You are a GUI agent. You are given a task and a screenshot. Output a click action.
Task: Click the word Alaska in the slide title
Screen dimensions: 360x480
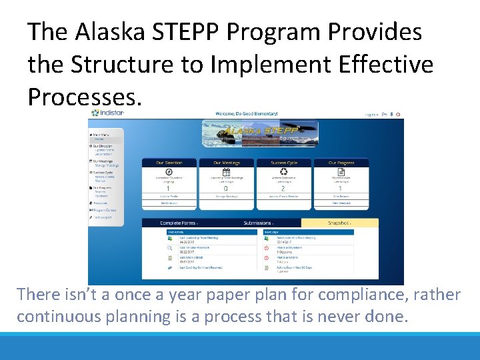coord(108,31)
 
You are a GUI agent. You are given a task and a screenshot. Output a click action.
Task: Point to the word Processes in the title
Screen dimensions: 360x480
coord(85,97)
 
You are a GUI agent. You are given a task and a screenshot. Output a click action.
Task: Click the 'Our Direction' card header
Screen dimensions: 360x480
coord(169,163)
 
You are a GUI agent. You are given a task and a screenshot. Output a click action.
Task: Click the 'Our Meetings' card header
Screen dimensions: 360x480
coord(226,163)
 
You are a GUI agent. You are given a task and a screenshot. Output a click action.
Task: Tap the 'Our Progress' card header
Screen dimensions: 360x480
coord(341,163)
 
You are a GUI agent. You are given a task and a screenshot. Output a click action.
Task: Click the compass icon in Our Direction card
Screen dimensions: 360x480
coord(169,171)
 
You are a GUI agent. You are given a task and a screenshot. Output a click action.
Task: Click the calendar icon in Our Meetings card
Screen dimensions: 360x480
coord(226,171)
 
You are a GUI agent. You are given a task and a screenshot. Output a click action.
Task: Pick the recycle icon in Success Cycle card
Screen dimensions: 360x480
coord(284,171)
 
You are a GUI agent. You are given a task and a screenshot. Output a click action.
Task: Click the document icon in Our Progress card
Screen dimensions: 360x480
coord(341,171)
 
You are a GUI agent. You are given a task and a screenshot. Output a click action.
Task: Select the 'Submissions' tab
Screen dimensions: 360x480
coord(258,223)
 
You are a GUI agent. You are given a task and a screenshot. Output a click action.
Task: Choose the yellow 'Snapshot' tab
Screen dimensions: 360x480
coord(340,223)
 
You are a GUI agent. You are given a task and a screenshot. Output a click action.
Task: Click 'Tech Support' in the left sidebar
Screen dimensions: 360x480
coord(103,217)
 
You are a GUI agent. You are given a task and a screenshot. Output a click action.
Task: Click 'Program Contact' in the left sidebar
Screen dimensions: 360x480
coord(105,210)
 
